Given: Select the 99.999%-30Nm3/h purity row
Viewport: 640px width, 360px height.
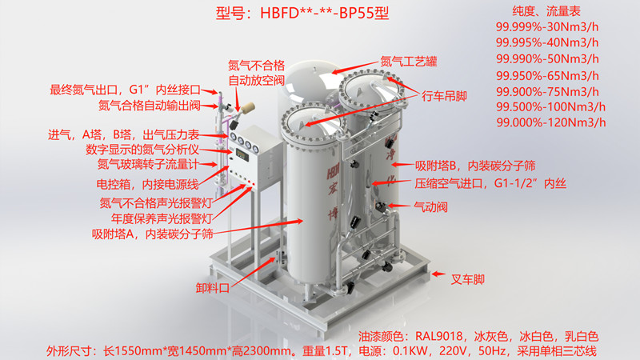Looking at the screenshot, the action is tap(547, 27).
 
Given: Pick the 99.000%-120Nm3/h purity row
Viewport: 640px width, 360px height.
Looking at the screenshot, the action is tap(551, 122).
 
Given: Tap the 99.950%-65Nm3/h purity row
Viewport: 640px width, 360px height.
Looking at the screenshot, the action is tap(547, 75).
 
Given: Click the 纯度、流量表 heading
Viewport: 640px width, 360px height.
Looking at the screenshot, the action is tap(546, 11).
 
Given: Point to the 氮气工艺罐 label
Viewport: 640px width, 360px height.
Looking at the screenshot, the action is tap(409, 62).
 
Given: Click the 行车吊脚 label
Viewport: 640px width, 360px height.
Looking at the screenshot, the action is tap(444, 96).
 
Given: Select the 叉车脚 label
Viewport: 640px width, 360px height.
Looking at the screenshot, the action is tap(467, 279).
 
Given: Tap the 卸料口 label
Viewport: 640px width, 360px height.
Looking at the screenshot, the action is tap(212, 288).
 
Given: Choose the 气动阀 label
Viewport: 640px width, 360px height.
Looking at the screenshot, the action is tap(430, 207).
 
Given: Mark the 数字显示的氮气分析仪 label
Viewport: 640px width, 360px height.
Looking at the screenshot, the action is tap(142, 150).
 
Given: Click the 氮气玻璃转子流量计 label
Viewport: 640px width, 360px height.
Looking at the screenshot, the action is tap(148, 165).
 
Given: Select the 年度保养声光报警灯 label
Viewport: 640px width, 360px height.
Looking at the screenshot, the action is tap(162, 218).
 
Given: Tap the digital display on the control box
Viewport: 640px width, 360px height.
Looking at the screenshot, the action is tap(242, 155).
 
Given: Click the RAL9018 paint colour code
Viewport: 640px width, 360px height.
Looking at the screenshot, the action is tap(438, 336).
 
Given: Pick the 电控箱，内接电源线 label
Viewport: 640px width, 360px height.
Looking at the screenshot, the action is tap(148, 185).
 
